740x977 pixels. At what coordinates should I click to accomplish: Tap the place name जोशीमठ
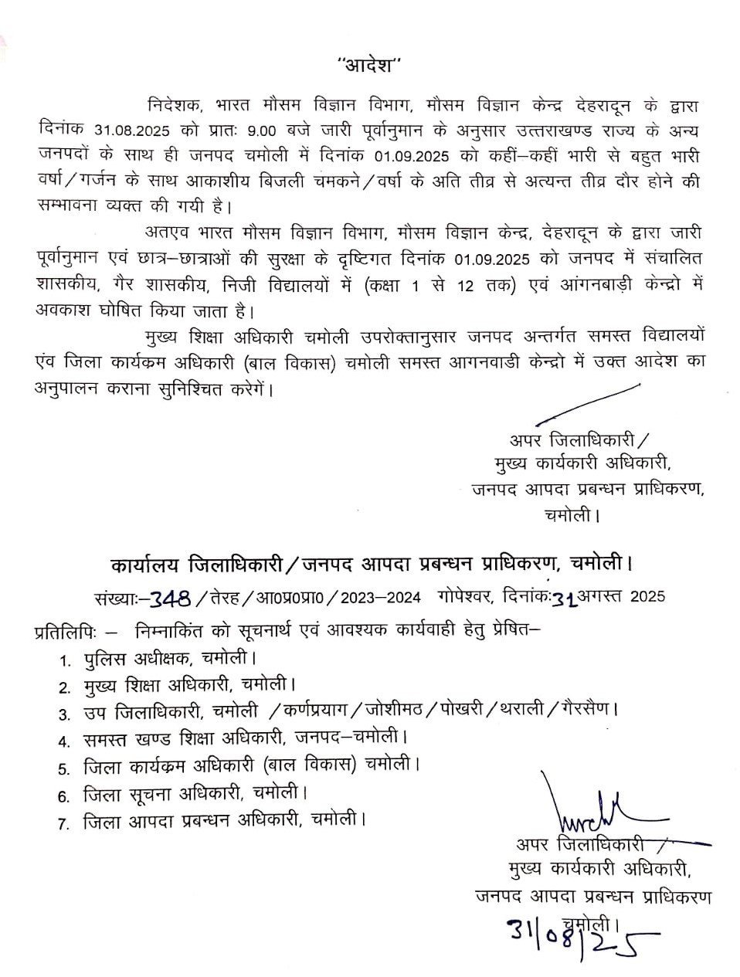[394, 709]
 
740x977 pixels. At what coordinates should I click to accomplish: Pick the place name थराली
[528, 709]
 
